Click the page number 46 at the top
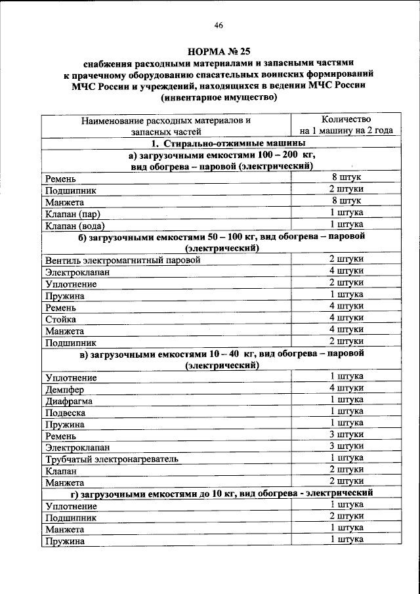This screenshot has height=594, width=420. click(219, 26)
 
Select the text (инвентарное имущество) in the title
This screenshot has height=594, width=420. click(219, 98)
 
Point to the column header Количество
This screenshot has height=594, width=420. click(346, 119)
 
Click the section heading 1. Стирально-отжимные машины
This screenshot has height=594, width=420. click(219, 142)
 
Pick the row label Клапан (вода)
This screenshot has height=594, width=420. click(75, 225)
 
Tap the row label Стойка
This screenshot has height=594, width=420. click(60, 319)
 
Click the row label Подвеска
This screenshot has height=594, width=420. click(66, 413)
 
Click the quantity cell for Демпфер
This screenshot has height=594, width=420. click(346, 388)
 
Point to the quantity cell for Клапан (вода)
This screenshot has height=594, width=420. click(346, 224)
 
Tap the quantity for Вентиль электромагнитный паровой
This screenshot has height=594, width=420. click(346, 259)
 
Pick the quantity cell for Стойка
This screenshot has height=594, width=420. click(346, 318)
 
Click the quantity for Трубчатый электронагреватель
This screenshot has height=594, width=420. click(346, 458)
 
